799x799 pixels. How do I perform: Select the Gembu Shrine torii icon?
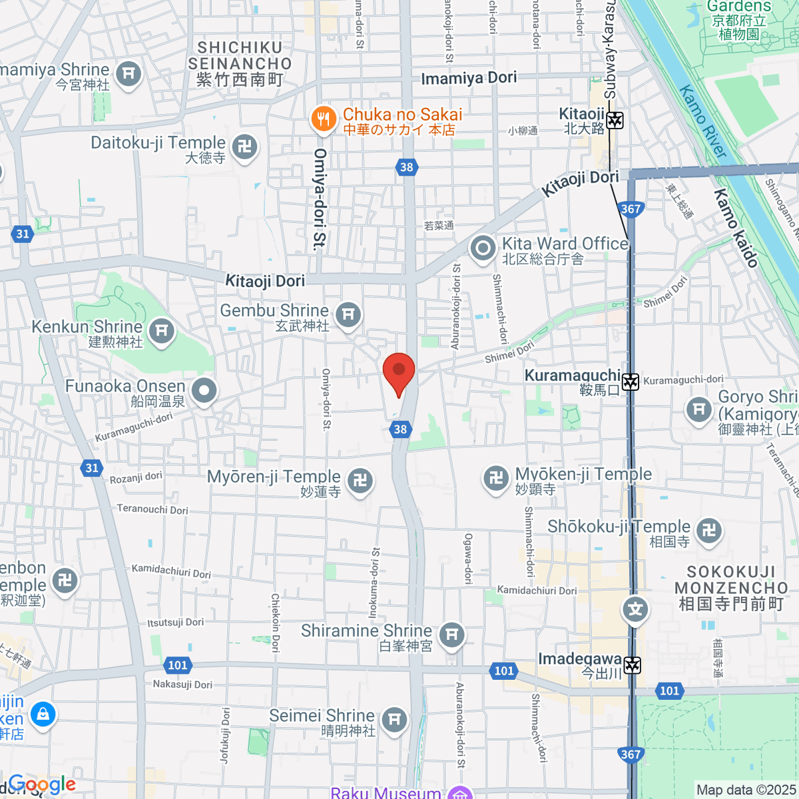(x=348, y=314)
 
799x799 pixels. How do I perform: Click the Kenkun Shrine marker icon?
(x=161, y=330)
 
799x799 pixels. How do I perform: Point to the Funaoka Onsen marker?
(x=204, y=391)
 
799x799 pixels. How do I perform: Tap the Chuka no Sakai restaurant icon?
(x=323, y=119)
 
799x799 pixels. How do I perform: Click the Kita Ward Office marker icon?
(x=483, y=249)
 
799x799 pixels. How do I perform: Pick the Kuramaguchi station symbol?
(x=631, y=382)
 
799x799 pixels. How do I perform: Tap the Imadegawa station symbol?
(x=632, y=665)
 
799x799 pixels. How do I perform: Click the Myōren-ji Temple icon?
(x=360, y=480)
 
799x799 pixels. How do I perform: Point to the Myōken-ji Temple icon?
(x=496, y=477)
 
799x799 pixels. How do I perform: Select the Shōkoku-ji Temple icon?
(x=708, y=530)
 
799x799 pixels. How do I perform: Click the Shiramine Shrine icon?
(x=452, y=634)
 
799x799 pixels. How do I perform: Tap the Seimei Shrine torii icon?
(x=394, y=719)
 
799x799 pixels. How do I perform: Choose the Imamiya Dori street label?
(x=469, y=78)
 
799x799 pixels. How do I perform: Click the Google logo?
(x=41, y=785)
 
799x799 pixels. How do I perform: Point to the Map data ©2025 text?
(x=746, y=790)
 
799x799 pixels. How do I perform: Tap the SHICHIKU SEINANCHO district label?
(x=240, y=64)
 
